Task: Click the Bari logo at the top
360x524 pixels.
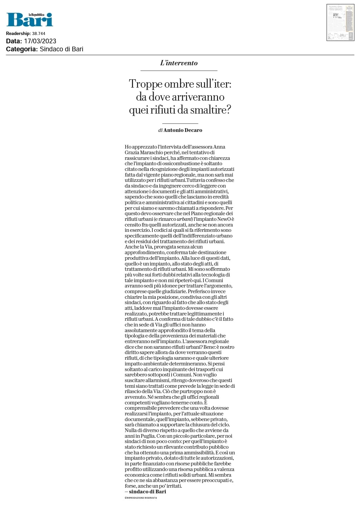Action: tap(30, 20)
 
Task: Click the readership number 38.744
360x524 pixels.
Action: tap(39, 34)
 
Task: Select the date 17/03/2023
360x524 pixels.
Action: tap(40, 41)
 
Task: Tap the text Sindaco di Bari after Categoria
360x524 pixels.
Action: tap(61, 49)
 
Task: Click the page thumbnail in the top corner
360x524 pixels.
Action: tap(340, 23)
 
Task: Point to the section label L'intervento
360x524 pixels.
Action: tap(179, 63)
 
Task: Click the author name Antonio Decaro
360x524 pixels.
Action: tap(183, 130)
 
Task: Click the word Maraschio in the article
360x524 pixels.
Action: tap(151, 153)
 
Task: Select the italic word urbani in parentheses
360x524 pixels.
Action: tap(184, 219)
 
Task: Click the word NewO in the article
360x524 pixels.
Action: tap(224, 219)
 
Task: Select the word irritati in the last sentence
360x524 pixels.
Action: tap(174, 486)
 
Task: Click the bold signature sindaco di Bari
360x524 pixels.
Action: tap(147, 492)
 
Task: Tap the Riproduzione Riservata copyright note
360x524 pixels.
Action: tap(141, 498)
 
